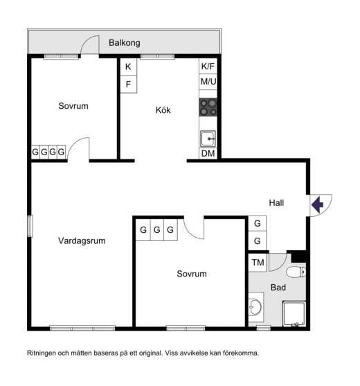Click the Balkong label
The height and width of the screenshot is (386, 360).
tap(125, 43)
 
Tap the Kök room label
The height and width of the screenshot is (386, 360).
tap(163, 110)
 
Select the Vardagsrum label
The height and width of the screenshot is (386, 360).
tap(82, 240)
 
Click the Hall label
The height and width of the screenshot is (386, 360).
tap(276, 203)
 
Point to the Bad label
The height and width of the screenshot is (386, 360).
tap(278, 288)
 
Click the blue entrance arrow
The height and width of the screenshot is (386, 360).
tap(317, 204)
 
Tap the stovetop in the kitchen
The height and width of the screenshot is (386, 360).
tap(208, 107)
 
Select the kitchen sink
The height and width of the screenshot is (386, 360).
tap(208, 139)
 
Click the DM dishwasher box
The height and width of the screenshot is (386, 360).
tap(208, 153)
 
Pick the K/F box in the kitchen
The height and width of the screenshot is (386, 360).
tap(208, 66)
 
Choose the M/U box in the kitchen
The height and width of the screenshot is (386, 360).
tap(208, 82)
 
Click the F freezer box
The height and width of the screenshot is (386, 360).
tap(128, 84)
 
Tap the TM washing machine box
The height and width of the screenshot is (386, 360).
tap(258, 263)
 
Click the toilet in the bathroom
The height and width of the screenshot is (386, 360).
tap(296, 272)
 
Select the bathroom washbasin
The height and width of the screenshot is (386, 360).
tap(255, 307)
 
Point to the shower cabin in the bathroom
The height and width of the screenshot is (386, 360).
tap(294, 313)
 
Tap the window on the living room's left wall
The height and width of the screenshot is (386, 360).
tap(30, 226)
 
